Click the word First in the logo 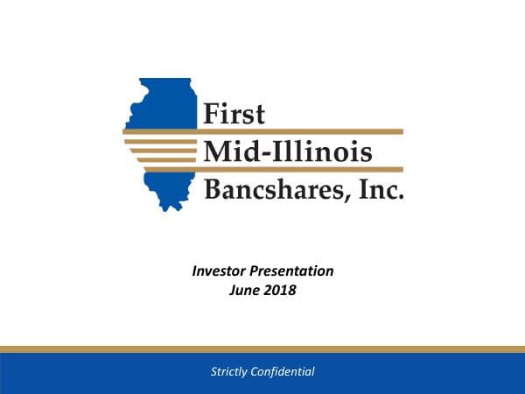[234, 114]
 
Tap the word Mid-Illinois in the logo [287, 151]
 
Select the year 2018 [281, 291]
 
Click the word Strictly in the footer [230, 372]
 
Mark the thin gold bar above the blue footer [262, 349]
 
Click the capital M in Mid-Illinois [217, 151]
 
